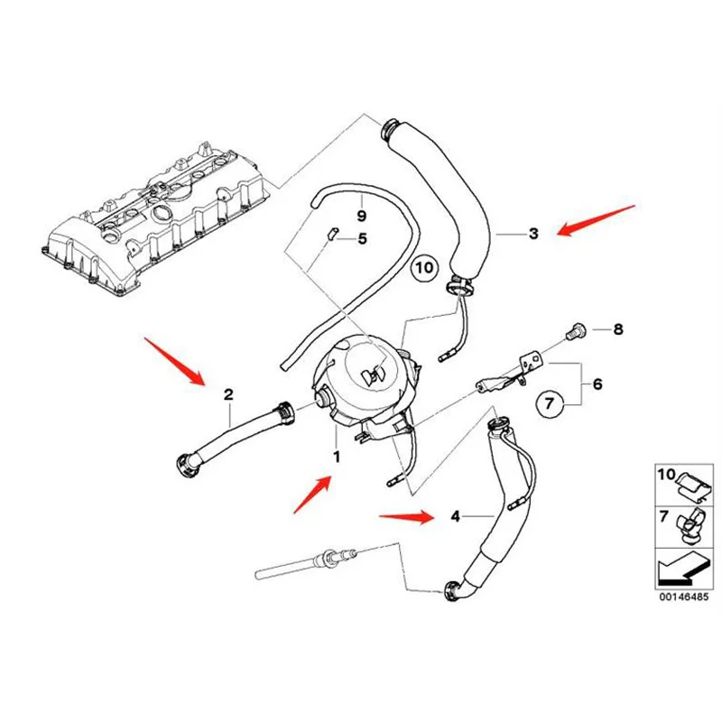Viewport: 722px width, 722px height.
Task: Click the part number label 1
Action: pyautogui.click(x=337, y=458)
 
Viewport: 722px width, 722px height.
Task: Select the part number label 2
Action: pyautogui.click(x=229, y=393)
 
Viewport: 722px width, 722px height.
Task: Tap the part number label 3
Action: pyautogui.click(x=533, y=234)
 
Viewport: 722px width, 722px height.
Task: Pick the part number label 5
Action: pyautogui.click(x=362, y=239)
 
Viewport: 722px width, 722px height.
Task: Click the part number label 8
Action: pyautogui.click(x=618, y=329)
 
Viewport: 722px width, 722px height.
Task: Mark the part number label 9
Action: pyautogui.click(x=361, y=217)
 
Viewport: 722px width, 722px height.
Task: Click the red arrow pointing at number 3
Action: pyautogui.click(x=596, y=221)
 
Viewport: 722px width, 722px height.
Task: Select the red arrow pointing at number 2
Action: pyautogui.click(x=178, y=360)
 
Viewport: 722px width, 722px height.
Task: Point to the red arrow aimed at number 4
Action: pyautogui.click(x=407, y=517)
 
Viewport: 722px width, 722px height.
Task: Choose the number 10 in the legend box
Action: pyautogui.click(x=667, y=475)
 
